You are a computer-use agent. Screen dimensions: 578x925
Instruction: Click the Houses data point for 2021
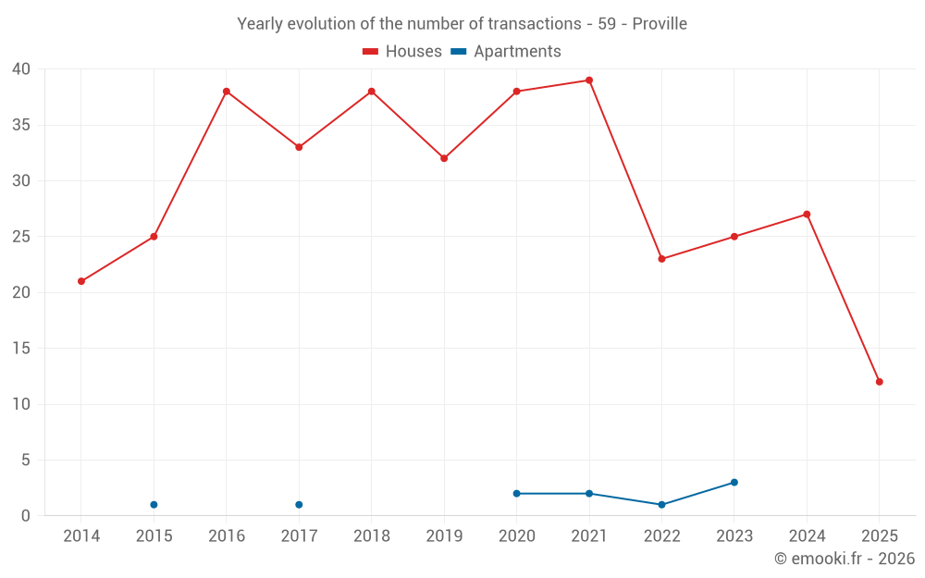tap(589, 80)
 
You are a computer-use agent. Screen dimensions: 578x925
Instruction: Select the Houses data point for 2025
tap(879, 382)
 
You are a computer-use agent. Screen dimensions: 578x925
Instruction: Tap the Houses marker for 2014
tap(81, 281)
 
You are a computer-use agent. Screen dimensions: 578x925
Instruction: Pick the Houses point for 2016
tap(227, 92)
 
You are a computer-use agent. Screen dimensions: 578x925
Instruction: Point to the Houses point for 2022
tap(661, 259)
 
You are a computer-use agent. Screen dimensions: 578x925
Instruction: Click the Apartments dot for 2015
tap(154, 505)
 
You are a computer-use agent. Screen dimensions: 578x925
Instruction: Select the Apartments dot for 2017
tap(299, 505)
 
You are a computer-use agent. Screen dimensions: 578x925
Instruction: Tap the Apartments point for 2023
tap(734, 483)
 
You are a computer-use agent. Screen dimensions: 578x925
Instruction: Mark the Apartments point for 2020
tap(516, 494)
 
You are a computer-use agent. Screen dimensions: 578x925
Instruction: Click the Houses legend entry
tap(402, 52)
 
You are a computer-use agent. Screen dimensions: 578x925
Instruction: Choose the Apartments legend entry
tap(506, 52)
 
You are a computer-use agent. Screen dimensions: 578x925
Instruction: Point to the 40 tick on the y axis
tap(21, 69)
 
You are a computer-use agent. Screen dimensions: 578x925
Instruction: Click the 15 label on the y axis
tap(21, 349)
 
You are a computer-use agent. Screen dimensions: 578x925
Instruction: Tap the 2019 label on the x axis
tap(444, 536)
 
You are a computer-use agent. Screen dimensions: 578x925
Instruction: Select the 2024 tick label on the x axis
tap(807, 536)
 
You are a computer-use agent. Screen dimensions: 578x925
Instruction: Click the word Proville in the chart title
tap(660, 24)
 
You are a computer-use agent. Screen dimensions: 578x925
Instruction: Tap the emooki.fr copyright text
tap(844, 559)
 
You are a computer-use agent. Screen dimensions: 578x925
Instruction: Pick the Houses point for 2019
tap(444, 158)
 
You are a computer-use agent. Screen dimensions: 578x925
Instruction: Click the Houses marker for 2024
tap(807, 215)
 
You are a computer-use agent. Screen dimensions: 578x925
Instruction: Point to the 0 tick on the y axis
tap(26, 516)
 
